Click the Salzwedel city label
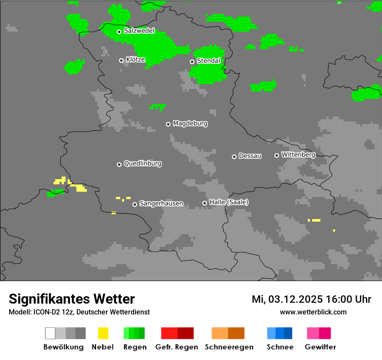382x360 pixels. (x=139, y=31)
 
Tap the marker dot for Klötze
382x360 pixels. (x=121, y=60)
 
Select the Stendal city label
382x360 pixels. (x=208, y=61)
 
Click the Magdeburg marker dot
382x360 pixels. (x=168, y=124)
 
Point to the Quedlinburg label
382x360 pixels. (x=142, y=164)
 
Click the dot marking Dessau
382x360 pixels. (x=234, y=157)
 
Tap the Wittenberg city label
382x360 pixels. (x=298, y=154)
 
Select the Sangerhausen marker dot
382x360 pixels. (x=135, y=204)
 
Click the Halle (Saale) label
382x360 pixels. (x=229, y=202)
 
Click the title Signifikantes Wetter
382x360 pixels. (x=72, y=299)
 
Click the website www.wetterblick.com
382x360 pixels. (x=313, y=312)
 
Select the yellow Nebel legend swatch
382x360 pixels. (x=103, y=333)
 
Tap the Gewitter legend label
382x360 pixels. (x=320, y=347)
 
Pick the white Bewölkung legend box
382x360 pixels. (x=50, y=333)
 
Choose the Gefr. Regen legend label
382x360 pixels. (x=176, y=347)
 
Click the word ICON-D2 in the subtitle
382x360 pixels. (x=45, y=312)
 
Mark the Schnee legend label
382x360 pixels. (x=280, y=347)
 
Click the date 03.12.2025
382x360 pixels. (x=295, y=299)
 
